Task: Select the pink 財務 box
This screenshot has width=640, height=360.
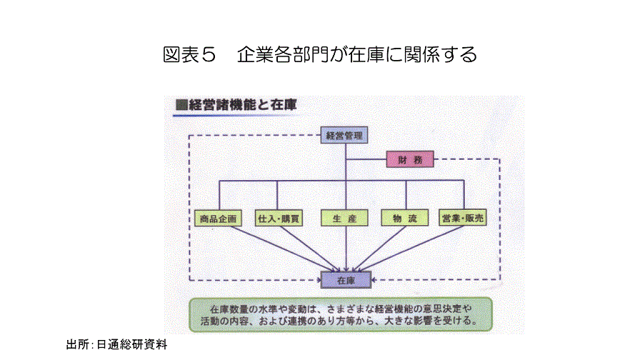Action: click(x=409, y=159)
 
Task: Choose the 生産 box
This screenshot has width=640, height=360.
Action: click(x=345, y=218)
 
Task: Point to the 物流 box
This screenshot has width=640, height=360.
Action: click(x=405, y=218)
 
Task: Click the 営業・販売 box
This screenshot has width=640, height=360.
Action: click(x=463, y=218)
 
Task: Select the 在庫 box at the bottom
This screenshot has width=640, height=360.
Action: click(x=346, y=279)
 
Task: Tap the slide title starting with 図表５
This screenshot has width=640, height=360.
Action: click(x=319, y=54)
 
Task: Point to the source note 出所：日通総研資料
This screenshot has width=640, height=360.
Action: click(x=116, y=345)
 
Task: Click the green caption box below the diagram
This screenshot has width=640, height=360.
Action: click(x=341, y=315)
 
